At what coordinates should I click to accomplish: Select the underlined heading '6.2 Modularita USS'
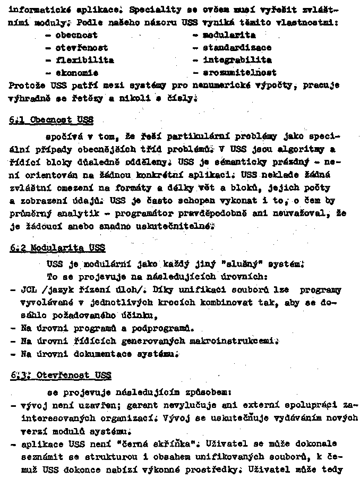pyautogui.click(x=57, y=248)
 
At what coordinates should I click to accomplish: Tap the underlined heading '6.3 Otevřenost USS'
pyautogui.click(x=60, y=375)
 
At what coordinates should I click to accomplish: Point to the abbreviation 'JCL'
pyautogui.click(x=28, y=291)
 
